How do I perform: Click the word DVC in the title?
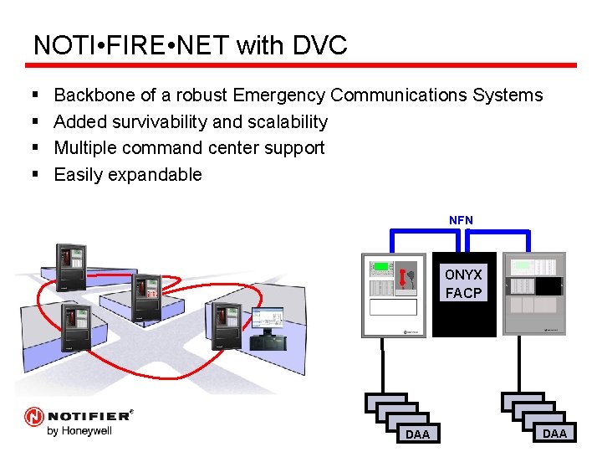[319, 45]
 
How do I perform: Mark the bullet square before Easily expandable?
[35, 175]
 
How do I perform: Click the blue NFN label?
[461, 220]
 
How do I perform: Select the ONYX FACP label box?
[463, 284]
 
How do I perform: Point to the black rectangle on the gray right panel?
[548, 285]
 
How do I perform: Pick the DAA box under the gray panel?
[554, 432]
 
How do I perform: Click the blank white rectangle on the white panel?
[392, 306]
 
